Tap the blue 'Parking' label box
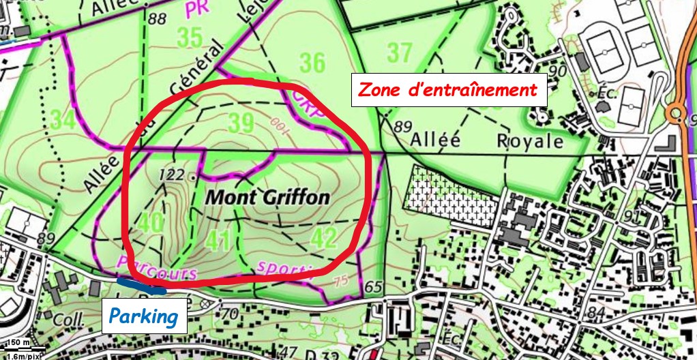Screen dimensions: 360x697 click(144, 316)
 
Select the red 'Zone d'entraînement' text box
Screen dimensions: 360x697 click(448, 89)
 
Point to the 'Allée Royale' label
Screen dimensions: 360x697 click(488, 141)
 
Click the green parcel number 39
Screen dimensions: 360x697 click(241, 123)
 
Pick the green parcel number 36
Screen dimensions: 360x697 click(313, 63)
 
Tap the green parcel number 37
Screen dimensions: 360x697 click(400, 51)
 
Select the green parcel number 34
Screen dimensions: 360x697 click(63, 121)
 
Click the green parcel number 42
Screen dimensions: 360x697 click(323, 238)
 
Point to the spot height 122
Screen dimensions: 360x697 click(170, 175)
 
